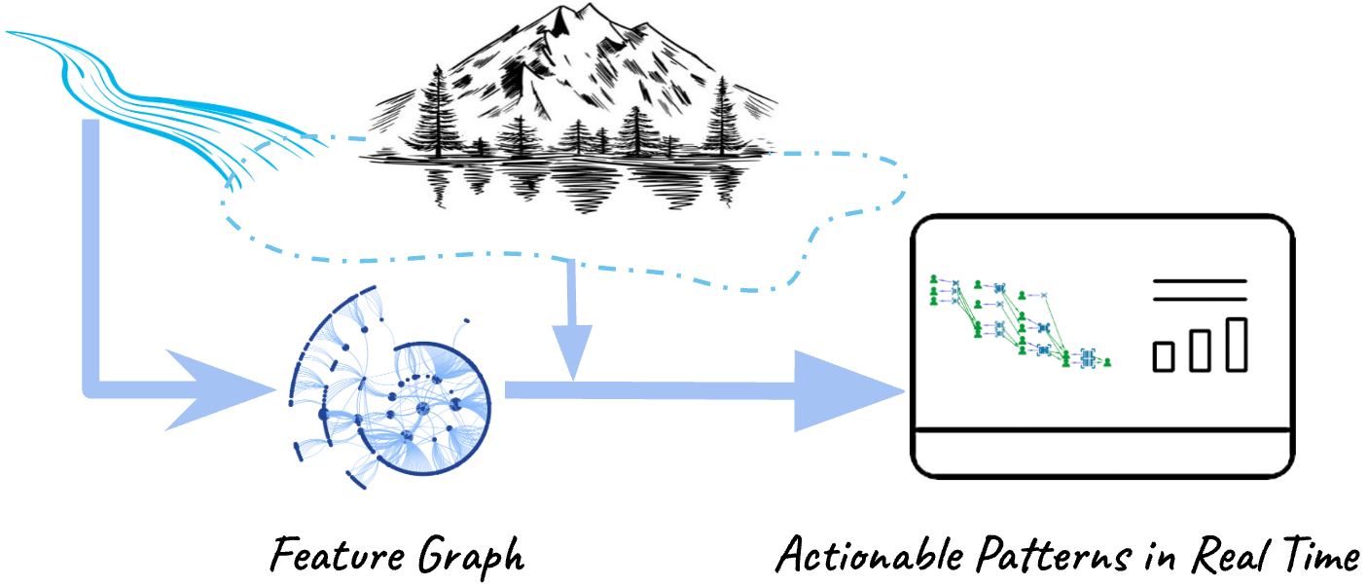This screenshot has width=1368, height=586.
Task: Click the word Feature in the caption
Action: pos(337,554)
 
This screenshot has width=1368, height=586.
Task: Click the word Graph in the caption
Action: pos(471,557)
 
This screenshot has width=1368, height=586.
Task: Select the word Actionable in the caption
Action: pos(870,554)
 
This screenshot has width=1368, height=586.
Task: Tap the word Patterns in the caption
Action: pos(1054,554)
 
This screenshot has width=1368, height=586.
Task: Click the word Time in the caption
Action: pos(1319,554)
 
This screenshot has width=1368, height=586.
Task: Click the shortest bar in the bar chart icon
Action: pos(1164,357)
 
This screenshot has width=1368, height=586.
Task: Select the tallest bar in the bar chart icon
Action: pos(1237,345)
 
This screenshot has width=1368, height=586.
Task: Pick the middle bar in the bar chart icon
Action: pos(1200,350)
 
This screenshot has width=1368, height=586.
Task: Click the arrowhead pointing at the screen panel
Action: pos(848,391)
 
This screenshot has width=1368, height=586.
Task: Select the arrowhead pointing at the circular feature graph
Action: pos(220,389)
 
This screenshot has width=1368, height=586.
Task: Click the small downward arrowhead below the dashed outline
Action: pos(572,352)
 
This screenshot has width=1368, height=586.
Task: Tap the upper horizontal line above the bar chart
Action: pos(1200,281)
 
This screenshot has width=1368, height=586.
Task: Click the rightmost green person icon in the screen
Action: pos(1107,362)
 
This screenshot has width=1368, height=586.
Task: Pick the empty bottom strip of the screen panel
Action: pos(1102,454)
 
